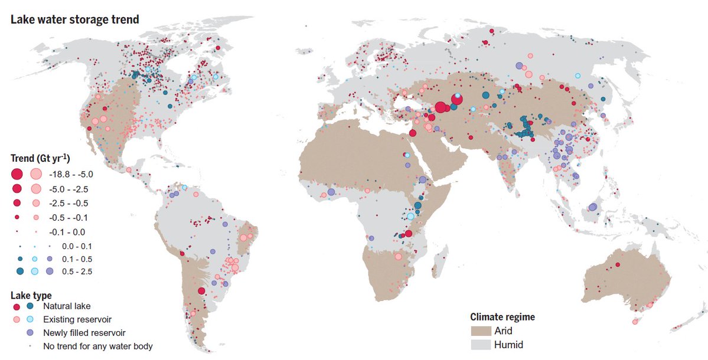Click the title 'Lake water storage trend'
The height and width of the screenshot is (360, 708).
[x=74, y=20]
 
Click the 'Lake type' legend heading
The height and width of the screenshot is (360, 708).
[x=31, y=295]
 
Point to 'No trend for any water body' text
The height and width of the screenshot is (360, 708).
[x=97, y=346]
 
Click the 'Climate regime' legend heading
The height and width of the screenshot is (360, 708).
[x=503, y=317]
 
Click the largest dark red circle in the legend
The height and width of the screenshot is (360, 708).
[x=17, y=174]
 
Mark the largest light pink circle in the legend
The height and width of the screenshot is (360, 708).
[x=35, y=174]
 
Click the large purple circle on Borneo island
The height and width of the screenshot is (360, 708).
[x=592, y=207]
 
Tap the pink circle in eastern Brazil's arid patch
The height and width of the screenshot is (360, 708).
[x=242, y=238]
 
